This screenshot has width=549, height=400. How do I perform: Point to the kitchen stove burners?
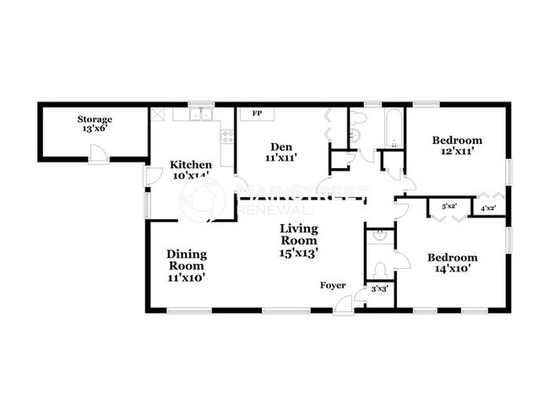pyautogui.click(x=227, y=135)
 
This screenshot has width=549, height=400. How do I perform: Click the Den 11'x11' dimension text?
pyautogui.click(x=280, y=157)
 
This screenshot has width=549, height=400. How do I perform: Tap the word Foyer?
pyautogui.click(x=332, y=286)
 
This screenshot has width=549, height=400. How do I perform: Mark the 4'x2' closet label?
pyautogui.click(x=487, y=208)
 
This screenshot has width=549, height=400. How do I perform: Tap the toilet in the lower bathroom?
pyautogui.click(x=381, y=270)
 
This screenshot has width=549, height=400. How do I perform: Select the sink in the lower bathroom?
pyautogui.click(x=381, y=236)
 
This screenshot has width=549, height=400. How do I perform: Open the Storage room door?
pyautogui.click(x=100, y=155)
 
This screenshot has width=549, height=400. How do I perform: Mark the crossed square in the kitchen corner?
pyautogui.click(x=158, y=112)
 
